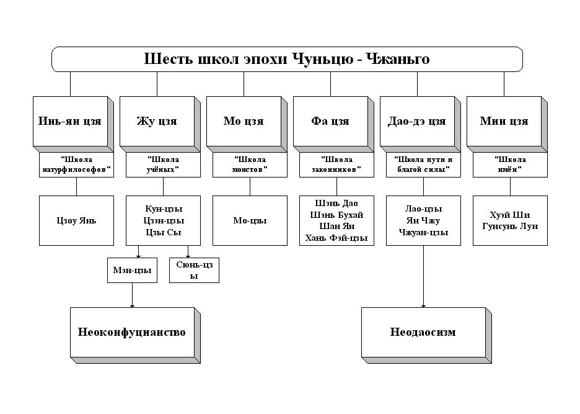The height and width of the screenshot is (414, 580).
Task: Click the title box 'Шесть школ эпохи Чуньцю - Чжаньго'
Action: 287,59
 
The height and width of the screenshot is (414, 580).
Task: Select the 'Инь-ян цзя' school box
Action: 70,121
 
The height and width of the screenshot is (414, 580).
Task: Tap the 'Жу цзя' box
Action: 157,121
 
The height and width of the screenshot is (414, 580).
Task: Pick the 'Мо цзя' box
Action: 244,121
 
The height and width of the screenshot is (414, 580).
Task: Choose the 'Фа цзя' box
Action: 330,121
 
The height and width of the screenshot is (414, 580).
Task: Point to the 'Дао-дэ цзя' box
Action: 417,121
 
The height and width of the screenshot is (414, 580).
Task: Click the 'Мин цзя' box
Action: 504,121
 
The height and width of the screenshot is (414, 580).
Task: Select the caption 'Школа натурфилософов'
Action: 76,164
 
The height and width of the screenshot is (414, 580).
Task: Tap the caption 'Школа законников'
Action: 336,164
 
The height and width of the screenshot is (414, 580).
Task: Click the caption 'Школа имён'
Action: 510,164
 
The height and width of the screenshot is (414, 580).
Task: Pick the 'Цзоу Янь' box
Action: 76,220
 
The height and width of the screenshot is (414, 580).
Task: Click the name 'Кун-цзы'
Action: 164,209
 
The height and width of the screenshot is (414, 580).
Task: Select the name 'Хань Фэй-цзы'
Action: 337,238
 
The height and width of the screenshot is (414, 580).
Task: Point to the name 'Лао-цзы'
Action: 423,209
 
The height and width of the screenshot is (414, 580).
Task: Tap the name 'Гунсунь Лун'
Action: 510,226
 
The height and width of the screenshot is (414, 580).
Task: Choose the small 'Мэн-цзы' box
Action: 132,270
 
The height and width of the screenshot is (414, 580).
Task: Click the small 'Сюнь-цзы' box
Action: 194,270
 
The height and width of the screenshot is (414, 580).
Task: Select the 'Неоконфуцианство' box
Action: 132,332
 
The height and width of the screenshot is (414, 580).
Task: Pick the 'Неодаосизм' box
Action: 423,332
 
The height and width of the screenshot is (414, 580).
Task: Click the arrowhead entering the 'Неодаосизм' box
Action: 423,304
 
